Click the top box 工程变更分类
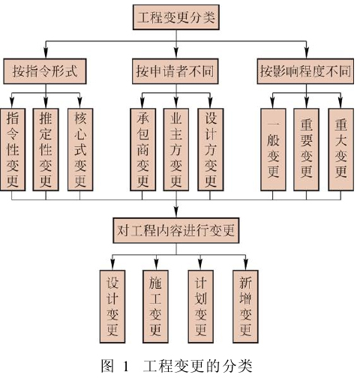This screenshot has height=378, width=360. point(176,17)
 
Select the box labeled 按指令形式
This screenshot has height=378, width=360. point(45,71)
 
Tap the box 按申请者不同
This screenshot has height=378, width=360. point(175,71)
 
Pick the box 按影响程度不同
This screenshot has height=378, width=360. point(305,71)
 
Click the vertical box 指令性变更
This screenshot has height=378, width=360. point(13,149)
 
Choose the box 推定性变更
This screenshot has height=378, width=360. point(46,149)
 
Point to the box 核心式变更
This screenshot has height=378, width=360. point(80,149)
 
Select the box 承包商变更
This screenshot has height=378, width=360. point(142,149)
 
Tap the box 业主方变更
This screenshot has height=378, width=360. point(176,149)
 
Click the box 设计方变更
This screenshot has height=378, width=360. point(211,149)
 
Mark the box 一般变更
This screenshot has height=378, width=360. point(273,149)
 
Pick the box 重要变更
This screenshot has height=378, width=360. point(306,149)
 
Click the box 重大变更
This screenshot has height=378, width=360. point(341,149)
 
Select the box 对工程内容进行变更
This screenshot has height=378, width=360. point(176,230)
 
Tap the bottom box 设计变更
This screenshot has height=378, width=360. point(112,306)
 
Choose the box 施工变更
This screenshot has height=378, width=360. point(155,306)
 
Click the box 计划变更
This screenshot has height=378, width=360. point(201,306)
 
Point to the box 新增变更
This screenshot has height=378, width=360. point(245,306)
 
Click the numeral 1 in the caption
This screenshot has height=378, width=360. point(126,367)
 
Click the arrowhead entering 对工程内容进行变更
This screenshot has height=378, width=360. point(176,212)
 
